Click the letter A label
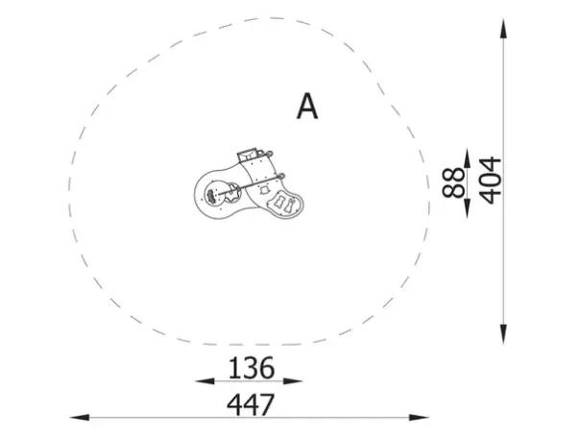(x=307, y=107)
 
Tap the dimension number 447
(x=251, y=404)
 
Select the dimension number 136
(x=252, y=368)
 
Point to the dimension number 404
(x=492, y=181)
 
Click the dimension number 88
(x=454, y=182)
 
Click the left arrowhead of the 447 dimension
(x=80, y=418)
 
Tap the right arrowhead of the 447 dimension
(x=419, y=418)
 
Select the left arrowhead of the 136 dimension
(x=205, y=380)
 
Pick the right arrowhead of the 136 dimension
(x=293, y=380)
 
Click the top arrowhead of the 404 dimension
(x=503, y=29)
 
